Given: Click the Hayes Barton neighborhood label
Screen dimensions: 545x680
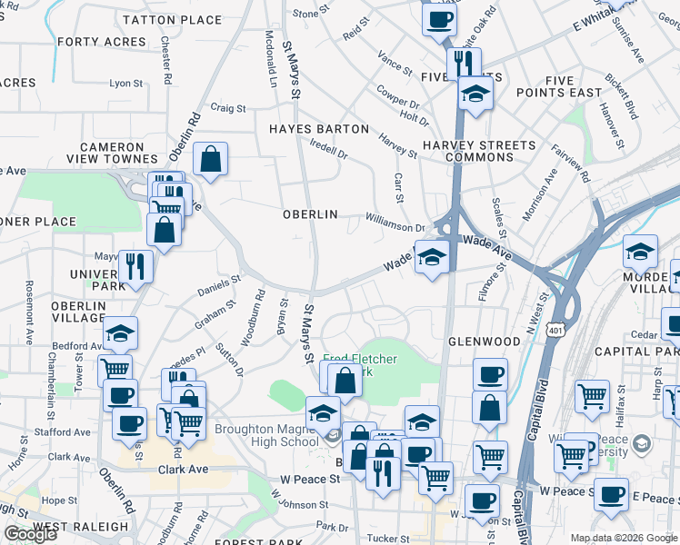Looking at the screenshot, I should [x=319, y=129].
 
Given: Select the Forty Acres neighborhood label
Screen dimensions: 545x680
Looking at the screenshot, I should [x=101, y=42].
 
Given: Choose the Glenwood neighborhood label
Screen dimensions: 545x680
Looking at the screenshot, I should [x=484, y=342].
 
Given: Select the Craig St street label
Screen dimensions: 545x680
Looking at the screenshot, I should [x=228, y=107].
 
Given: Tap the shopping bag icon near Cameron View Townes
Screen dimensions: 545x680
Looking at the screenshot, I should [x=210, y=160].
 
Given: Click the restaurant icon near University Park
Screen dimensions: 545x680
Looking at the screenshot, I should [x=135, y=266].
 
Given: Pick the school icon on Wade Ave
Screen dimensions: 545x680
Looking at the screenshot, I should [x=432, y=257].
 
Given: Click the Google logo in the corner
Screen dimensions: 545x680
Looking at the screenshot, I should [x=30, y=534].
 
